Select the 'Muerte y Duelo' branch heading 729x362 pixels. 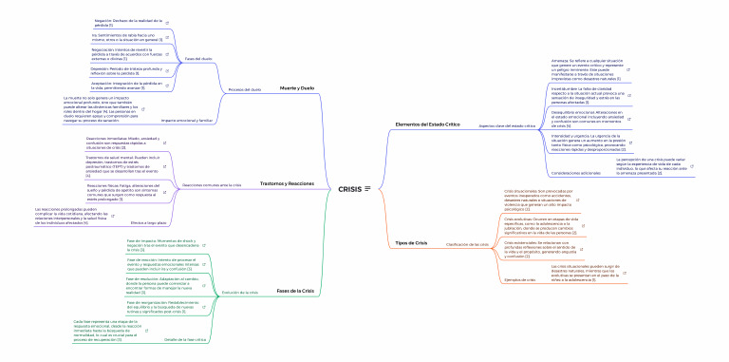pyautogui.click(x=296, y=87)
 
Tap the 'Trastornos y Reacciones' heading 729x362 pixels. pyautogui.click(x=287, y=182)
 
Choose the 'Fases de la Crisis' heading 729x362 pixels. pyautogui.click(x=294, y=290)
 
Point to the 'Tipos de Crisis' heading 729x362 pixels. pyautogui.click(x=411, y=243)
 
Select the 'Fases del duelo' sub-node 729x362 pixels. pyautogui.click(x=198, y=60)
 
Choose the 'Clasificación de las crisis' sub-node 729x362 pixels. pyautogui.click(x=467, y=245)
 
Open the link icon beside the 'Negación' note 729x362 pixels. pyautogui.click(x=168, y=23)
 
